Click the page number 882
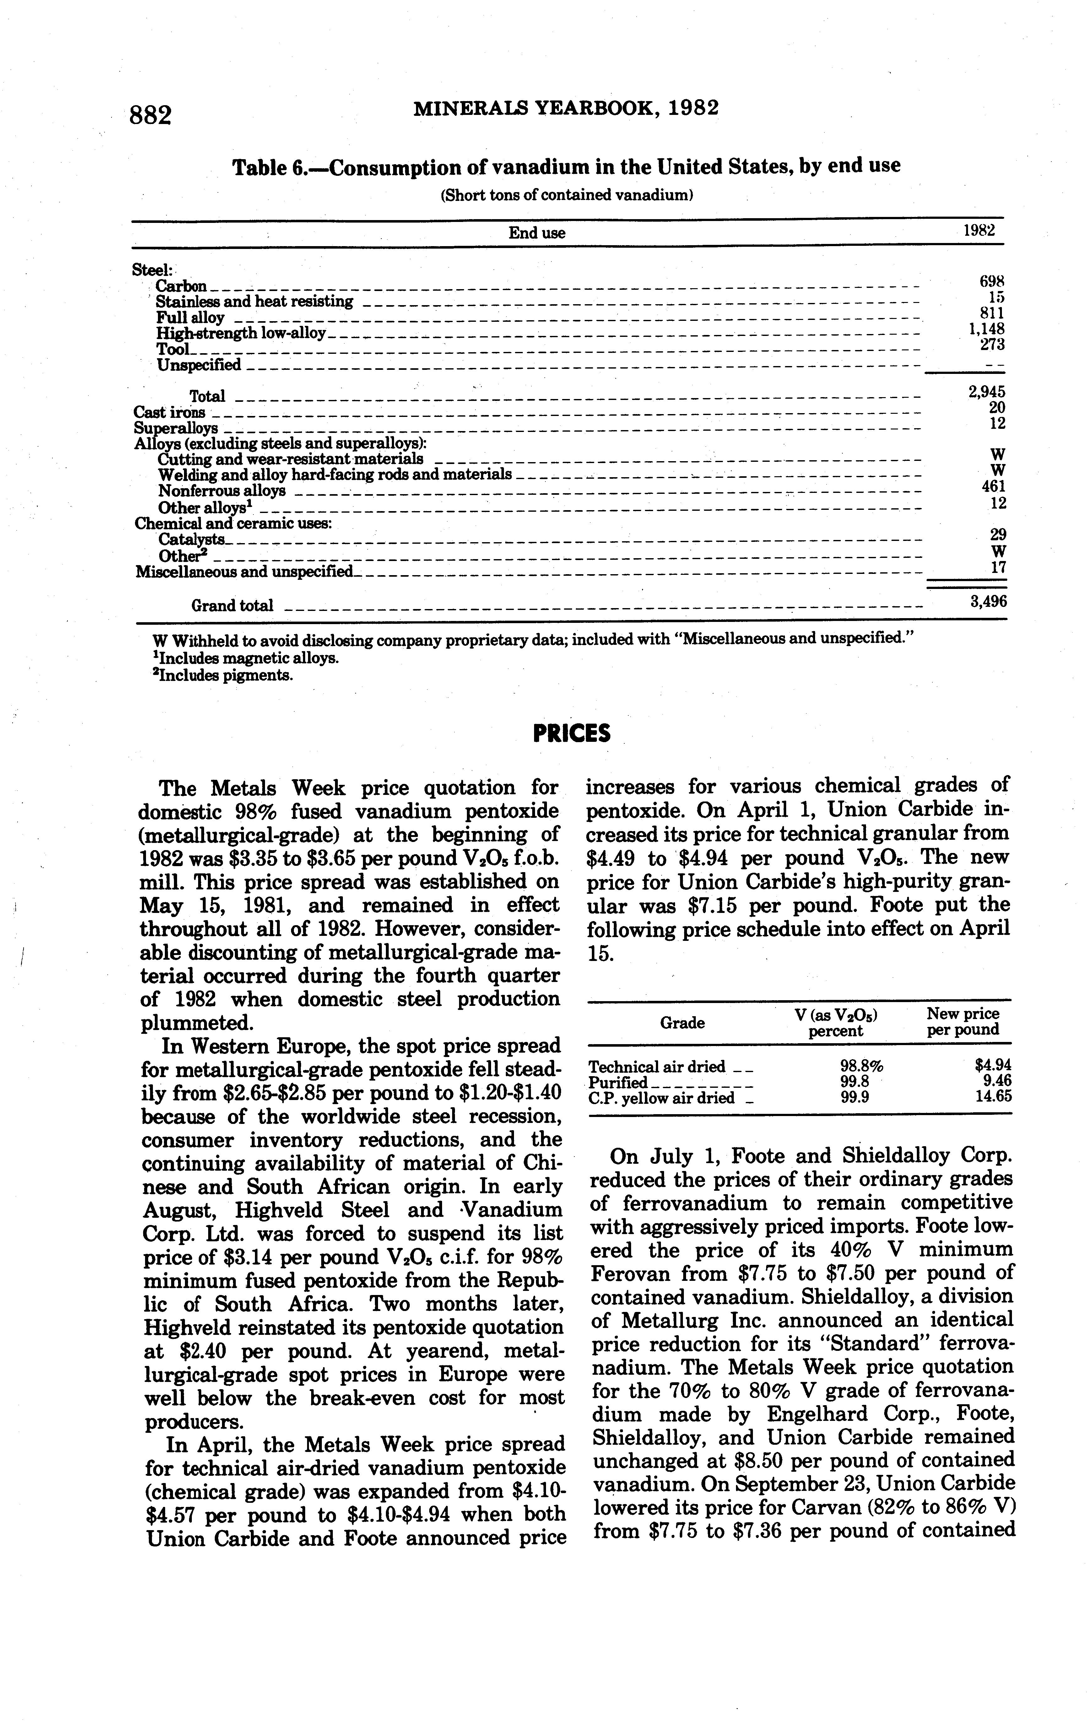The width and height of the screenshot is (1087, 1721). (151, 114)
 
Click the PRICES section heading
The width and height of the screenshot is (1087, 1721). (572, 733)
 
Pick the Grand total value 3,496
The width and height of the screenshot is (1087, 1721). (988, 602)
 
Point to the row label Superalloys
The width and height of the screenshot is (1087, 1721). (176, 428)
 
